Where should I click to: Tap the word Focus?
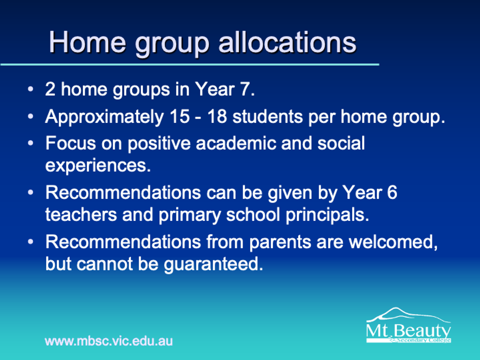click(71, 143)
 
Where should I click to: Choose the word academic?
click(236, 143)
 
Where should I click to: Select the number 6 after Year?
click(392, 192)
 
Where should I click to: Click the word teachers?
click(81, 215)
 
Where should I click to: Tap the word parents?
click(280, 243)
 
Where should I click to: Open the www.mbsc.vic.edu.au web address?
click(109, 341)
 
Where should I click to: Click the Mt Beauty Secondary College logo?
click(408, 325)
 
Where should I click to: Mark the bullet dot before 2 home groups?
click(31, 89)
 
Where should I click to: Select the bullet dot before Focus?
click(31, 143)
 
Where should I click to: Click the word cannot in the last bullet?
click(104, 264)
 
